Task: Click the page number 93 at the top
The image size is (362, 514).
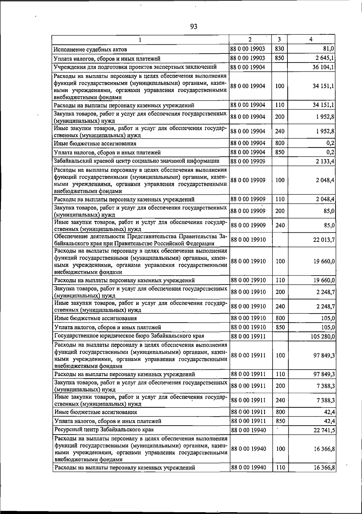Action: [194, 27]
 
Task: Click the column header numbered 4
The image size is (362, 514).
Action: [311, 40]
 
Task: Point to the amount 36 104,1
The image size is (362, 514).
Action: [323, 67]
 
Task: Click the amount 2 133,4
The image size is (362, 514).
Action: [325, 161]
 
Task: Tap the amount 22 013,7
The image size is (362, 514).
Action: [324, 240]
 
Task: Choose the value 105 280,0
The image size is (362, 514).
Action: [322, 336]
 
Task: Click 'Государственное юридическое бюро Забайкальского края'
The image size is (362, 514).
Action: [129, 336]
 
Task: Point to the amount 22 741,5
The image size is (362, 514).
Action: [324, 430]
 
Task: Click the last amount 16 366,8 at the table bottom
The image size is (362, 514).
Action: [324, 476]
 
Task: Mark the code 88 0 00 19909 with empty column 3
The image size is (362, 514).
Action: [248, 161]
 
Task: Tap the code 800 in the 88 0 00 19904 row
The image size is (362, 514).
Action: [280, 143]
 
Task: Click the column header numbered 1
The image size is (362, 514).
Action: [140, 40]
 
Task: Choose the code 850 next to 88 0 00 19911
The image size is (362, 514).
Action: [280, 421]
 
